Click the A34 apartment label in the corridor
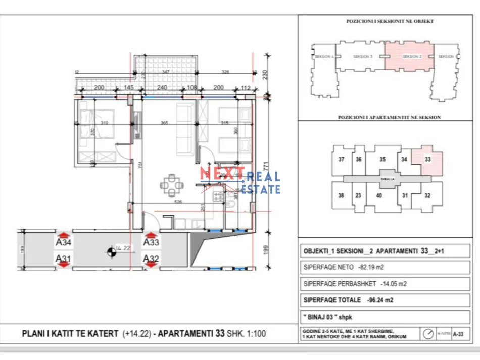click(x=63, y=243)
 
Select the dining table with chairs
click(x=172, y=185)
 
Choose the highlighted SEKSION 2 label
click(x=411, y=56)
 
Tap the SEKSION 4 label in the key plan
click(x=324, y=56)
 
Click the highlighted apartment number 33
click(x=427, y=159)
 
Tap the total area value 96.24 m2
click(x=379, y=300)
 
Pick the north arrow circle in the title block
click(x=429, y=334)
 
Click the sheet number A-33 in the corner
click(x=458, y=334)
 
